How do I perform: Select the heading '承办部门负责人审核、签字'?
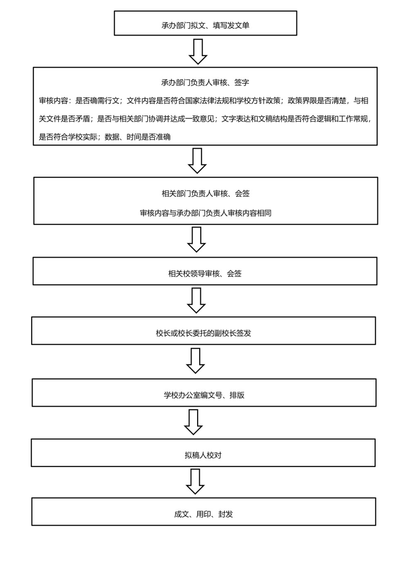(x=205, y=83)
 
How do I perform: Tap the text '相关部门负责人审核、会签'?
(x=205, y=193)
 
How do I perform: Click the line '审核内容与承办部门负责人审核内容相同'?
(x=205, y=213)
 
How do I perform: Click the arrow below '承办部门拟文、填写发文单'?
(x=198, y=52)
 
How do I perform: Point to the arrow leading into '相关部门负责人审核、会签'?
(x=197, y=161)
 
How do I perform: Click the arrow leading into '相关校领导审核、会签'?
(x=196, y=240)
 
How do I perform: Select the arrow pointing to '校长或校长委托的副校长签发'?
(x=196, y=300)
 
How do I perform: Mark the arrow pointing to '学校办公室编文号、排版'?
(x=195, y=361)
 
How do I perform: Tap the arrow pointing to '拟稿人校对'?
(x=193, y=422)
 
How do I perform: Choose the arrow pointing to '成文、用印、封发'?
(x=195, y=482)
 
